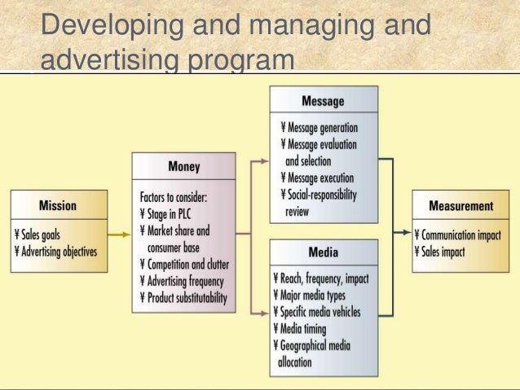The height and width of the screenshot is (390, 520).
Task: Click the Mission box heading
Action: (58, 205)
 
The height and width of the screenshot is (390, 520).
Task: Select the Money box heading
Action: (184, 167)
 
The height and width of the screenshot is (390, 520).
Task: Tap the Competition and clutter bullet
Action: (187, 264)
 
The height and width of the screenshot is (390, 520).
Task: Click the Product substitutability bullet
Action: (187, 298)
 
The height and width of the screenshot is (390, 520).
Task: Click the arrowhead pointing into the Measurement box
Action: (407, 233)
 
